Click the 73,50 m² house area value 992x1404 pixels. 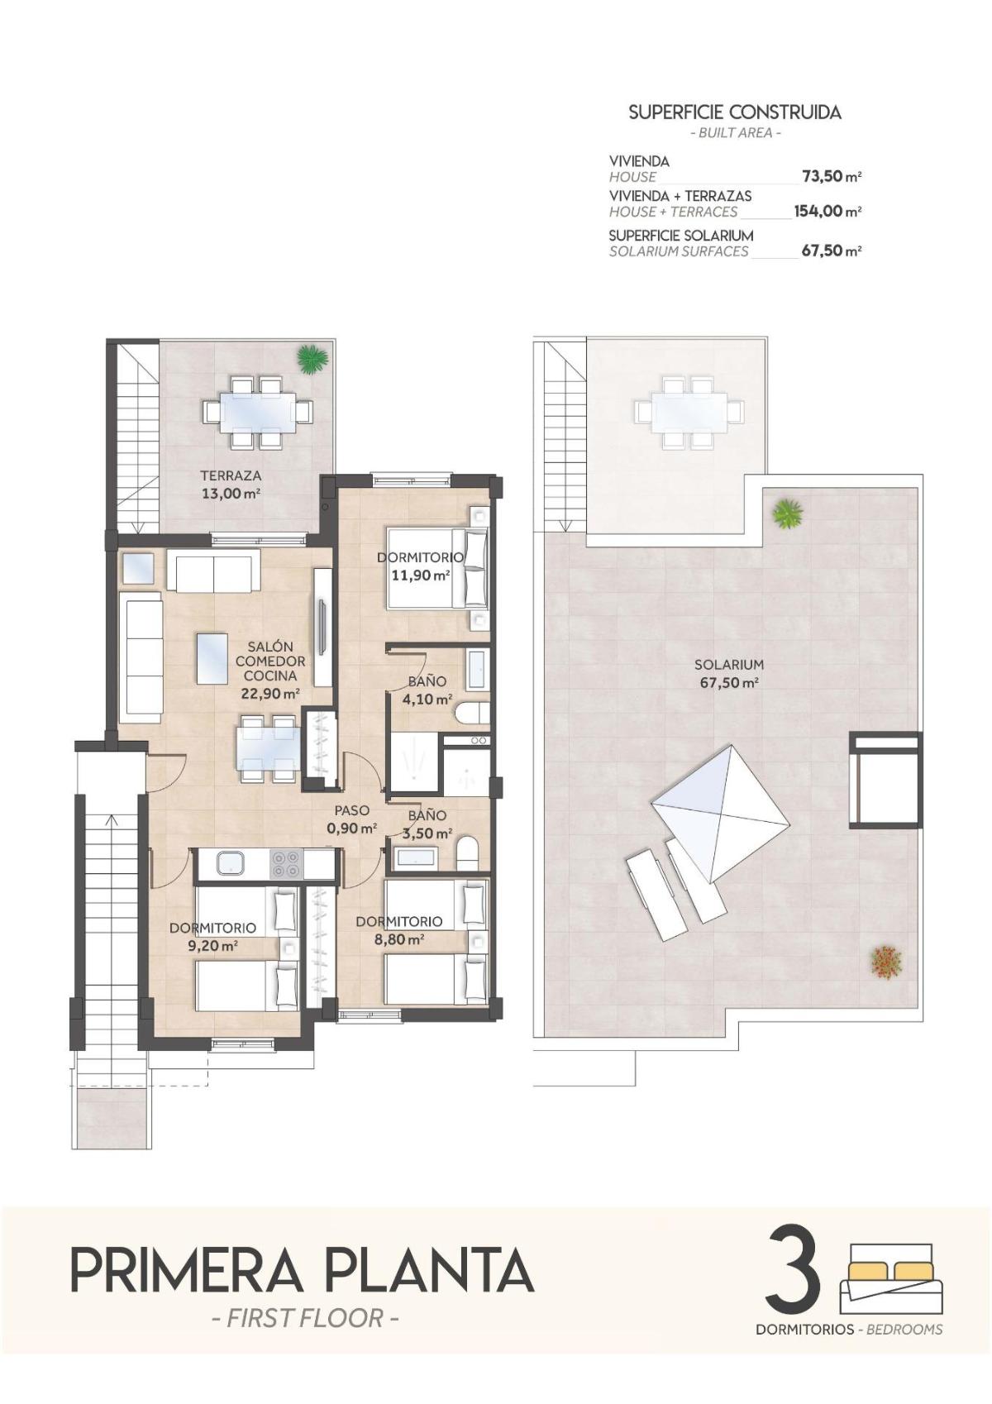click(x=831, y=176)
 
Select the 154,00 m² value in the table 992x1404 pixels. click(x=827, y=212)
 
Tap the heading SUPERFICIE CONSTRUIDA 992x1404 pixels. click(x=734, y=112)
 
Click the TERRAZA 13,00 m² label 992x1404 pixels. click(x=231, y=485)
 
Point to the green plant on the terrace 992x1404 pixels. click(x=312, y=359)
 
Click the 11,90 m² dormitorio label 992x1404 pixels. click(x=420, y=566)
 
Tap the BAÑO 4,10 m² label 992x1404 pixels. click(x=427, y=690)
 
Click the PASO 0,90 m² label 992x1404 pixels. click(x=351, y=819)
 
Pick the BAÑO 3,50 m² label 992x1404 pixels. click(x=427, y=824)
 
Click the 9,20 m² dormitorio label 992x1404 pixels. click(x=213, y=937)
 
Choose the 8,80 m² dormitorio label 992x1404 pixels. click(x=399, y=930)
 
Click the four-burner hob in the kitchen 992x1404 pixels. click(x=287, y=864)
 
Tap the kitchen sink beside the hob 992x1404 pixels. click(x=231, y=864)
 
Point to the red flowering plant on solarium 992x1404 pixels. click(x=885, y=961)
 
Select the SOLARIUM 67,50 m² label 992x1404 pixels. click(x=728, y=673)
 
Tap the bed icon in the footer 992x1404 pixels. click(x=890, y=1277)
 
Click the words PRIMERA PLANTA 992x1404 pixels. click(x=303, y=1271)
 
